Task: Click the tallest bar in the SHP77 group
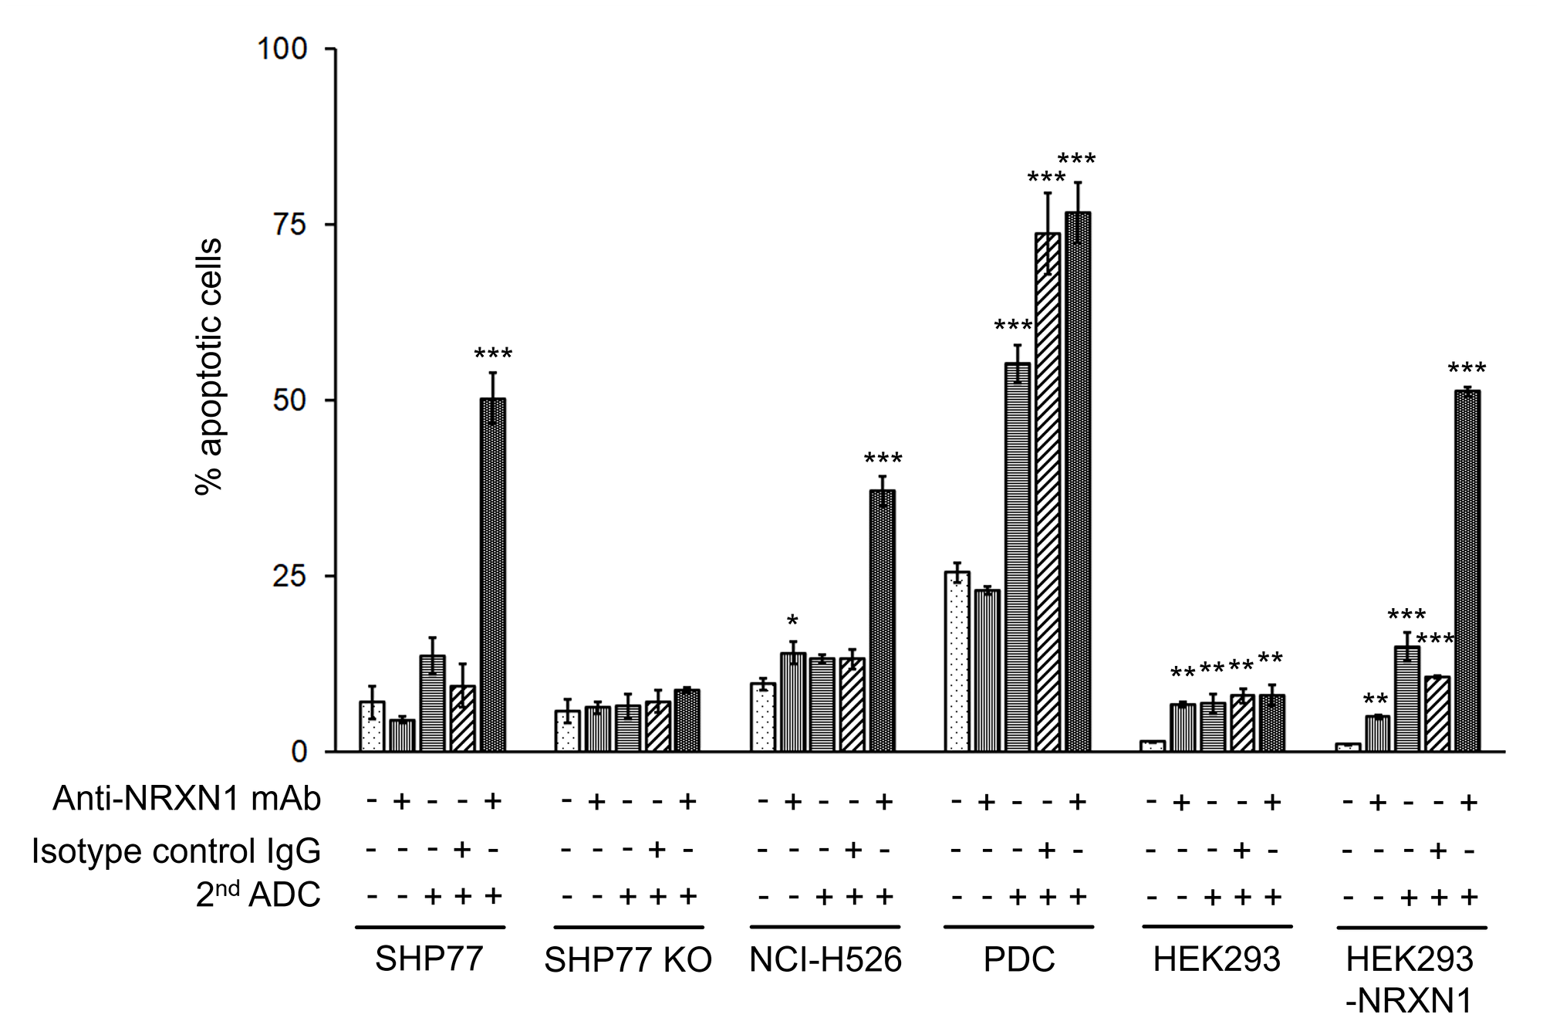[x=493, y=574]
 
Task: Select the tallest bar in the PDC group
[x=1078, y=482]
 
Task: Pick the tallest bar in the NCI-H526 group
[x=883, y=621]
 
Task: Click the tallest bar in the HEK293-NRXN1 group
[x=1467, y=571]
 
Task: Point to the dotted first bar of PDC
[x=957, y=661]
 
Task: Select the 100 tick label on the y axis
[x=282, y=49]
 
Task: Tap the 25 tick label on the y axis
[x=289, y=577]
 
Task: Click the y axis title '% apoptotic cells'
[x=209, y=367]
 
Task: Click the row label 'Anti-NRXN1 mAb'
[x=187, y=800]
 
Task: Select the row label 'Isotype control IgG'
[x=176, y=851]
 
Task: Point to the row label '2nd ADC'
[x=258, y=895]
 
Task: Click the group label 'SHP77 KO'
[x=628, y=960]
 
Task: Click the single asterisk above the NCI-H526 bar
[x=792, y=621]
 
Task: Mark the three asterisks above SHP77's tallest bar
[x=493, y=355]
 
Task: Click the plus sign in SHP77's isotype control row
[x=462, y=850]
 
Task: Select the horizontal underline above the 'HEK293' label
[x=1217, y=926]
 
